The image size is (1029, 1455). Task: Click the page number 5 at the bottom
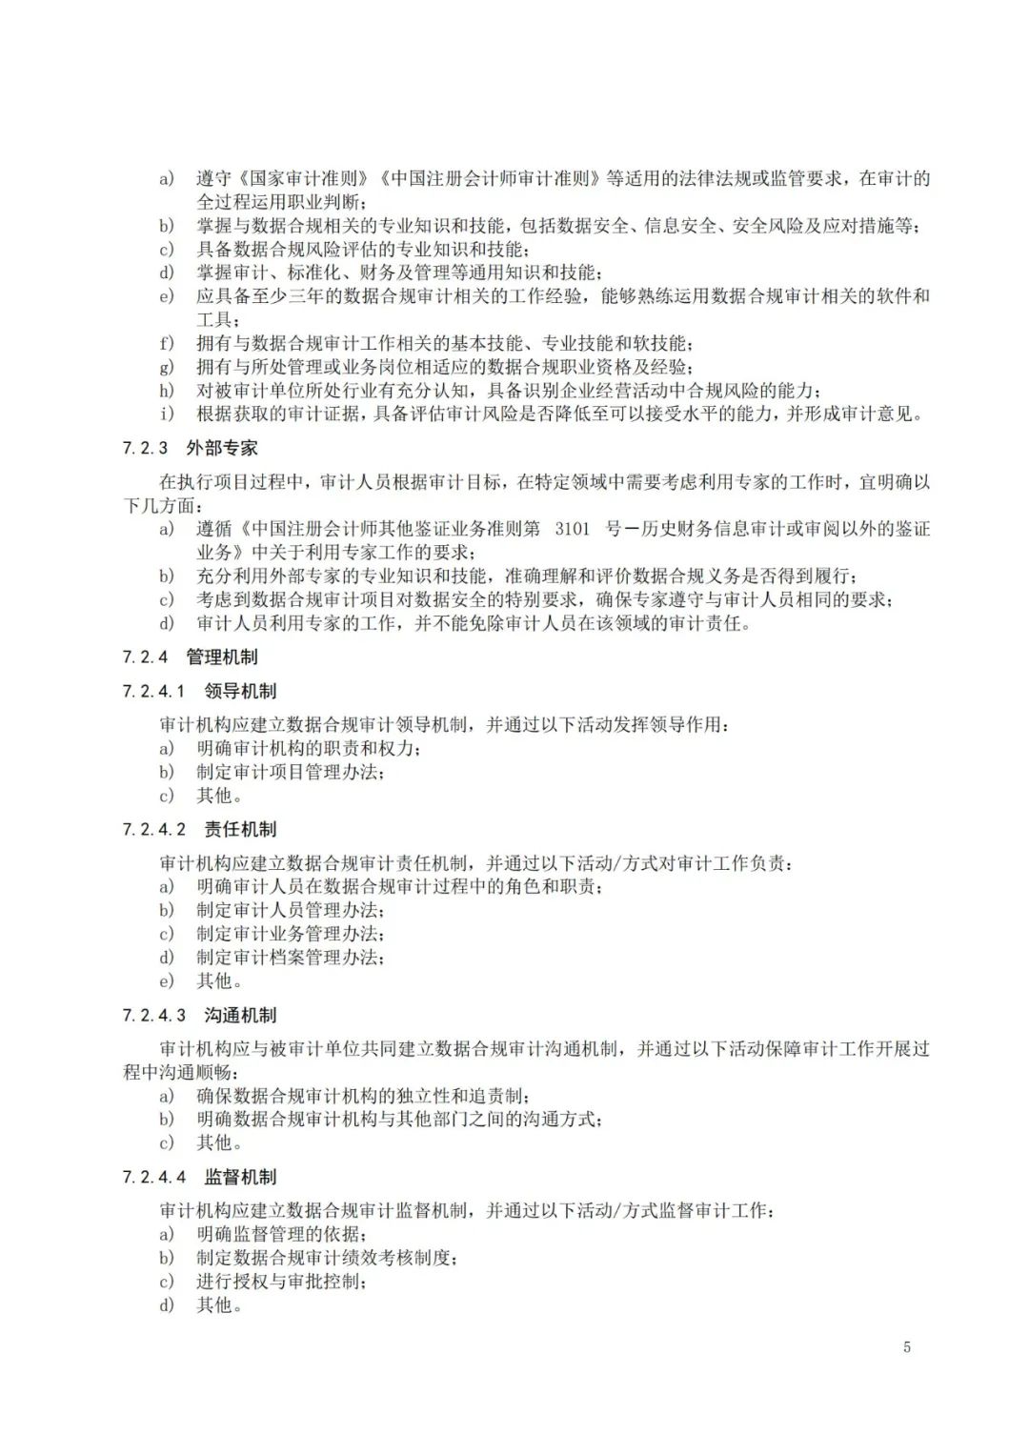906,1346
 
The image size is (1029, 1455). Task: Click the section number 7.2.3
145,448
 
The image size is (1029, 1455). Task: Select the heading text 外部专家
222,448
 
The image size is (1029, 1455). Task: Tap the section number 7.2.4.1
153,691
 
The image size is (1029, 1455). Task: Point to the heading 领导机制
240,691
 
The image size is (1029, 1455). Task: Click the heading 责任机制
240,829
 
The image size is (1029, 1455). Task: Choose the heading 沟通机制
240,1015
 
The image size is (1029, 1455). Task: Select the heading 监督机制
240,1177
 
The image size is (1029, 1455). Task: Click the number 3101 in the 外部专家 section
572,529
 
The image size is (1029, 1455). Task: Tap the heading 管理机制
222,657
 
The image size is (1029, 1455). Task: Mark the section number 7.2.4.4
153,1177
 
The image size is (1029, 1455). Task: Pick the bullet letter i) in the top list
167,414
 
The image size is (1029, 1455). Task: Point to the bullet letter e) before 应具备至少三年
167,296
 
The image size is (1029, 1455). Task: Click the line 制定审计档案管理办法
291,958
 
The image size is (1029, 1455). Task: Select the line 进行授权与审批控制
281,1282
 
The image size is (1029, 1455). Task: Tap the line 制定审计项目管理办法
291,772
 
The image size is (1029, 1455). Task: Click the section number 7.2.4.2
153,829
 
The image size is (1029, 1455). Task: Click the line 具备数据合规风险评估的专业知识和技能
362,250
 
